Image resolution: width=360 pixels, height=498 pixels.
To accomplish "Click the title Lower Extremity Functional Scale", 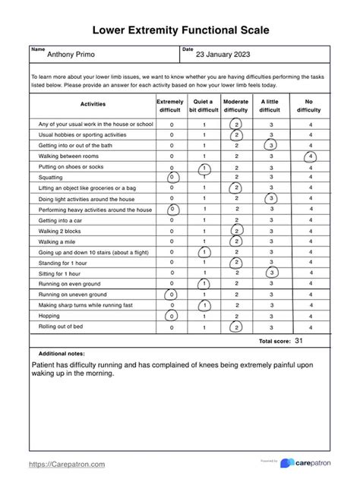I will point(180,30).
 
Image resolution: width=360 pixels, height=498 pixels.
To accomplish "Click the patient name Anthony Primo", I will point(72,55).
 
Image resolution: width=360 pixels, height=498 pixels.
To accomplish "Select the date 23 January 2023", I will point(223,55).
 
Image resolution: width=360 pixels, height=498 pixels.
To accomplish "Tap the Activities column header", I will point(93,105).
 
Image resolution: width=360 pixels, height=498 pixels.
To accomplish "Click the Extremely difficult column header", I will point(170,106).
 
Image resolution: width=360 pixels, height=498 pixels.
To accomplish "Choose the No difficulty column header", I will point(309,106).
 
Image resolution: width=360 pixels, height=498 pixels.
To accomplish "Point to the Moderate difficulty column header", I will point(236,106).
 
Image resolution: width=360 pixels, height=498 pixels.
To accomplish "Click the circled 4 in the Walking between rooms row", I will point(310,156).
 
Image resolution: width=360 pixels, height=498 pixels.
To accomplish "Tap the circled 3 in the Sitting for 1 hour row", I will point(271,273).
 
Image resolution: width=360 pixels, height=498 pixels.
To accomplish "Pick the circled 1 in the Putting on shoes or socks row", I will point(204,167).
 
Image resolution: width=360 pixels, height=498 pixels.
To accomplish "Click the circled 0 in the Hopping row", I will point(172,316).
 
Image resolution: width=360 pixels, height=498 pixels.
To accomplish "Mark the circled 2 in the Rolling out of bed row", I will point(237,327).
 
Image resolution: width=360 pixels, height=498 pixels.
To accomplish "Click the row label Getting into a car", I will point(62,220).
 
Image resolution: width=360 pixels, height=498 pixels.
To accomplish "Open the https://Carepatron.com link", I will point(67,464).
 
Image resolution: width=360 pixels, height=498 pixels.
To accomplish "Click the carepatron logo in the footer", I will point(308,463).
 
